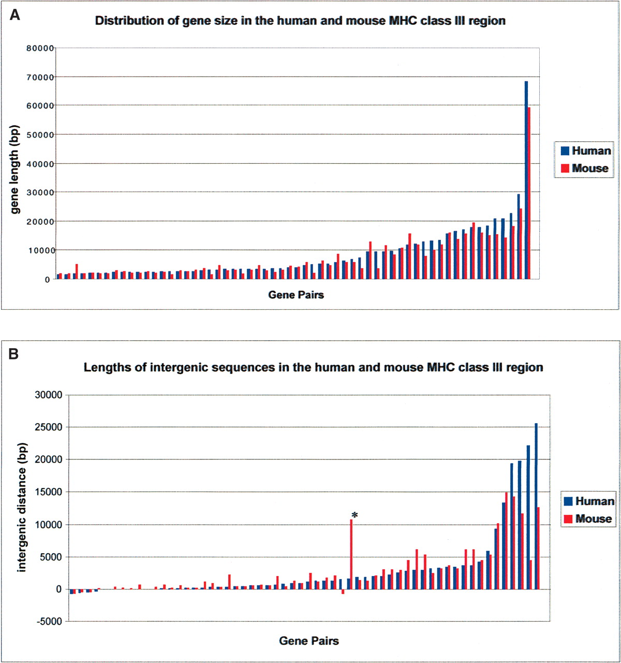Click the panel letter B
click(x=14, y=354)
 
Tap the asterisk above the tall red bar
click(x=354, y=515)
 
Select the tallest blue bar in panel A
click(x=526, y=180)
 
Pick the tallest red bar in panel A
click(x=529, y=193)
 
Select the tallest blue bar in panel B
click(x=536, y=506)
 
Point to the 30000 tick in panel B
click(x=48, y=395)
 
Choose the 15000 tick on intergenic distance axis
click(x=48, y=492)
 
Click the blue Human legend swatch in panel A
click(x=565, y=151)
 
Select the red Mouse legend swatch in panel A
click(x=565, y=168)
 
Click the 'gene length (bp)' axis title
click(x=15, y=169)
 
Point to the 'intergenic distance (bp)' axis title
click(x=21, y=507)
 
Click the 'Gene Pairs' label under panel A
click(x=296, y=295)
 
